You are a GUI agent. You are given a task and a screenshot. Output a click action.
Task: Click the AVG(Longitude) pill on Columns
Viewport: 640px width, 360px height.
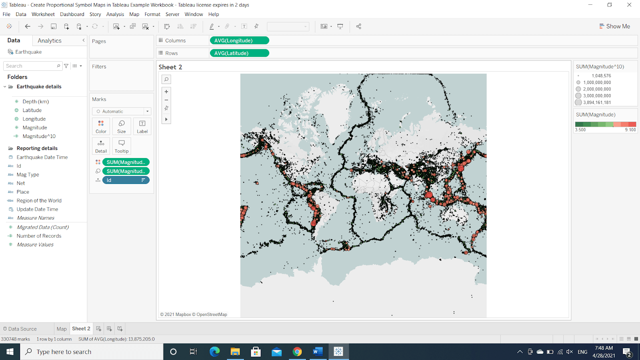click(239, 40)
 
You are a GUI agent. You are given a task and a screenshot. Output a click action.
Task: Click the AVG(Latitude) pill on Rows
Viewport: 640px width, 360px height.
click(239, 53)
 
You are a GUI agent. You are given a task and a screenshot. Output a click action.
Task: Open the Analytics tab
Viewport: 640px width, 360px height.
click(50, 41)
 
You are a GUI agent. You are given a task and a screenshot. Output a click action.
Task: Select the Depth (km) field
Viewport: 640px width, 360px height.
click(36, 102)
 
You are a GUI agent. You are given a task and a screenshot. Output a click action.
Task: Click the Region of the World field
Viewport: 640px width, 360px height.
click(39, 201)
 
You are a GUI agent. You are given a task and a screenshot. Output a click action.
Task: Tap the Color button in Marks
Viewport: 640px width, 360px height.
click(101, 126)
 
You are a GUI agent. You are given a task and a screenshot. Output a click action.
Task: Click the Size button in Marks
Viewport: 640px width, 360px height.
click(122, 126)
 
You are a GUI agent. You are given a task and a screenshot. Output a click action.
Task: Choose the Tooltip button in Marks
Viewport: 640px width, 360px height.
click(122, 146)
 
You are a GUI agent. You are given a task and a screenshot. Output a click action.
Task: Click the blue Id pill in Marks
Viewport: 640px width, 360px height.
click(126, 180)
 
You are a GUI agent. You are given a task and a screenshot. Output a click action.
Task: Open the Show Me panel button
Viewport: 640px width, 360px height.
click(614, 26)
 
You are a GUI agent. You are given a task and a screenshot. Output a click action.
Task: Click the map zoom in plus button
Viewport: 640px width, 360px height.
click(166, 92)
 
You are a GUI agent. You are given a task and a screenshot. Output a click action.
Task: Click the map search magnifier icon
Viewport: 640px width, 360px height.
click(166, 79)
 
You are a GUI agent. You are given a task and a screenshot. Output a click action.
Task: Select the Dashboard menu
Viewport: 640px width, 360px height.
click(72, 14)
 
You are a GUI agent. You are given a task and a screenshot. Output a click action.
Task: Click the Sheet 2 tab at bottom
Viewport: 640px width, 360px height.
click(81, 329)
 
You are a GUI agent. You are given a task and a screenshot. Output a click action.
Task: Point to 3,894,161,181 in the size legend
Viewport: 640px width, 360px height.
click(597, 102)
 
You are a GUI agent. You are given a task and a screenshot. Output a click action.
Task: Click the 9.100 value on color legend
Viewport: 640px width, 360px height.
click(630, 130)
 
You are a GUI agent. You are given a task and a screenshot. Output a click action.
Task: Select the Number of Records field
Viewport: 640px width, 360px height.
click(39, 236)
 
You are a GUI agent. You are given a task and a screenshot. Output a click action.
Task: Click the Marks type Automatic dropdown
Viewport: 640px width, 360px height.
click(122, 112)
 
